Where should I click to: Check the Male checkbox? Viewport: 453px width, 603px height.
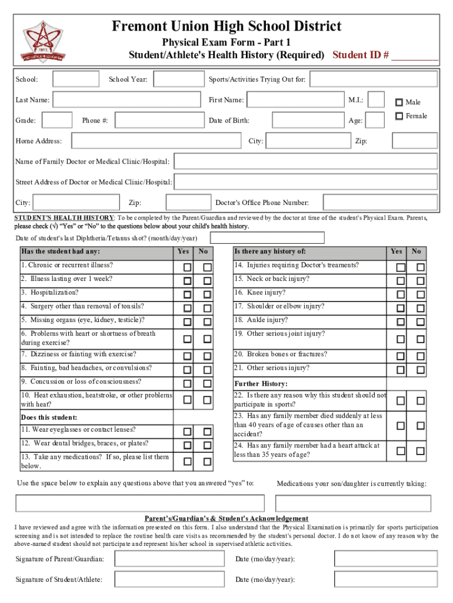(399, 101)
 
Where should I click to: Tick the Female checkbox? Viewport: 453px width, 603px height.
(399, 115)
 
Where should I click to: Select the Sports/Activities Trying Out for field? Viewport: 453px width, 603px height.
(374, 79)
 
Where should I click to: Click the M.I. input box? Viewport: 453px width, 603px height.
(377, 100)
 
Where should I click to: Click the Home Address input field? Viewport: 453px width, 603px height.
(156, 141)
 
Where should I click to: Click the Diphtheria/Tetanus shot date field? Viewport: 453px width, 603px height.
(267, 237)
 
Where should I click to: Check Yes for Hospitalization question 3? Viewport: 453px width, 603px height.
(186, 294)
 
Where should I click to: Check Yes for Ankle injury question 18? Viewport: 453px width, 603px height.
(401, 322)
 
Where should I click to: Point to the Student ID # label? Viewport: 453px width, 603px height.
(361, 55)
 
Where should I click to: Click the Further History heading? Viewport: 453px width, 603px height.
(260, 384)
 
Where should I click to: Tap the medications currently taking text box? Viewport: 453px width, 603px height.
(357, 503)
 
